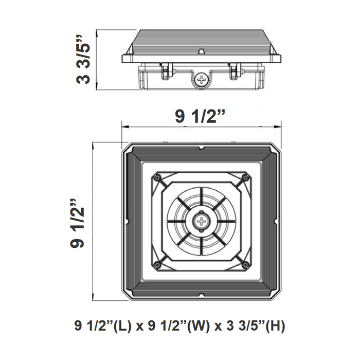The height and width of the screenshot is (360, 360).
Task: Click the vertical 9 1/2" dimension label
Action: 78,221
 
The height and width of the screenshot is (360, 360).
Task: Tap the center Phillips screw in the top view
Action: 201,222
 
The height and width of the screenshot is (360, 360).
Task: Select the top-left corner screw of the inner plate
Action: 158,177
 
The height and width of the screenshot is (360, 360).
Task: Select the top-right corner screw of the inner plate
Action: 245,178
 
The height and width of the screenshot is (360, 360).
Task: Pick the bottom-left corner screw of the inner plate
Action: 158,265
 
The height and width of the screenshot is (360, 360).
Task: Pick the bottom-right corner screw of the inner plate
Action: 245,265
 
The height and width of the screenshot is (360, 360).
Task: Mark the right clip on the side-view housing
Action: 235,71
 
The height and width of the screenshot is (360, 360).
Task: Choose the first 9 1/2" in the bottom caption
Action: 94,326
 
